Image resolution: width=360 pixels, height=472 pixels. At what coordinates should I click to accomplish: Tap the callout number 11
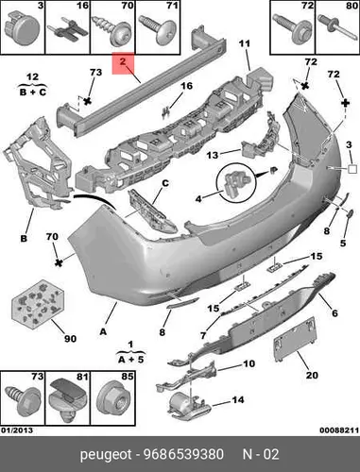[x=244, y=43]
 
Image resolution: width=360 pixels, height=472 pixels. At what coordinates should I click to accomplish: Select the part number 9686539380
[x=183, y=454]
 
